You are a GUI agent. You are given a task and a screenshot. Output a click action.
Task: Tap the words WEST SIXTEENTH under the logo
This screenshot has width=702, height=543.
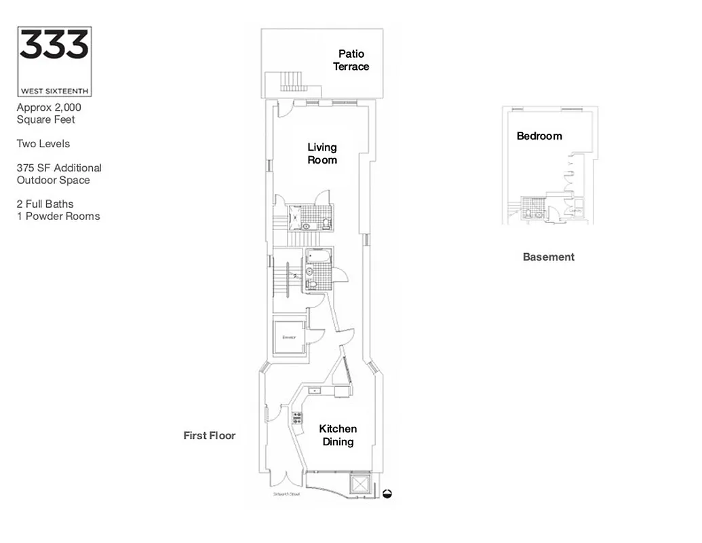point(54,90)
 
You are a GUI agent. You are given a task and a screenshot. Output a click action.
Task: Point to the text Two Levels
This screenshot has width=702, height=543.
point(43,144)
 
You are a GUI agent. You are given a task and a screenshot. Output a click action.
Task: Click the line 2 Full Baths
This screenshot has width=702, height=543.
point(45,204)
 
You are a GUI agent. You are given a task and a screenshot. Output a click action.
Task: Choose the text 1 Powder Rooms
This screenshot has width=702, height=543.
point(58,217)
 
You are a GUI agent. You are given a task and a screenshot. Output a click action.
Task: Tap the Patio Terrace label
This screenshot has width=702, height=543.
point(351,60)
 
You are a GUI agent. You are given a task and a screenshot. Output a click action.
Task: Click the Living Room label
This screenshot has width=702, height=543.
point(322,153)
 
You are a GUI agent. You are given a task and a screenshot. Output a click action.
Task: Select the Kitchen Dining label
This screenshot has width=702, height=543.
point(338,435)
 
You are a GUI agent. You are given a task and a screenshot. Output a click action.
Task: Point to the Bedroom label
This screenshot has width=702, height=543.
point(539,136)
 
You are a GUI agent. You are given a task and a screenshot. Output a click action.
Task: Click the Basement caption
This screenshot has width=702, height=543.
point(549,257)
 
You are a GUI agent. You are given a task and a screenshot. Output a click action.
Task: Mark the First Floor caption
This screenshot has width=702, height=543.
point(210,435)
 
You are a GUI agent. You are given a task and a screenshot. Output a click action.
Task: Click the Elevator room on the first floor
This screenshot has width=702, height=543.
point(290,336)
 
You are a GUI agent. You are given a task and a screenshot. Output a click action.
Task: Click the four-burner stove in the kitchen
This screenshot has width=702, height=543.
point(297,418)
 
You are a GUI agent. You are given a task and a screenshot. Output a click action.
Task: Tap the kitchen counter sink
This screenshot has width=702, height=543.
point(315,390)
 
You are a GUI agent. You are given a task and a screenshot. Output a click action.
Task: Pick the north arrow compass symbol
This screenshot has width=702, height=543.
point(388,495)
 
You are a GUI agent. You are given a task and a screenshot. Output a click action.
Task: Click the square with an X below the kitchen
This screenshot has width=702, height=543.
point(359,484)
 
